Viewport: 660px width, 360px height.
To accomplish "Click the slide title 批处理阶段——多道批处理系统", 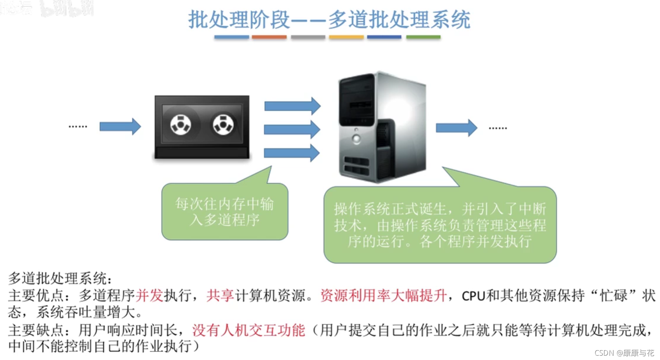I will click(329, 19).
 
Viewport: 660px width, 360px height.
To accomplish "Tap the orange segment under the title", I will click(269, 37).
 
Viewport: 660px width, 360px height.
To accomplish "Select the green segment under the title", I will click(423, 37).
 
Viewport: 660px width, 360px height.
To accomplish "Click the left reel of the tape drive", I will click(181, 124).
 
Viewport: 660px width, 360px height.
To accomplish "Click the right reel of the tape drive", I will click(223, 124).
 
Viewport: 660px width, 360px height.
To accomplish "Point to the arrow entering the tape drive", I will click(120, 126).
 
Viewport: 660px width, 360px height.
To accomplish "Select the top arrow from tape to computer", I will click(292, 106).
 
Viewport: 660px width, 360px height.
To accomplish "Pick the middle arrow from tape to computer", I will click(292, 129).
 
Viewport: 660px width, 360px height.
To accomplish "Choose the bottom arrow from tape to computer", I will click(292, 153).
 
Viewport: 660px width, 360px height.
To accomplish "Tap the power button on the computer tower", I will click(357, 139).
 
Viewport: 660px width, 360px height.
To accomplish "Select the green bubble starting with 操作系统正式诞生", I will click(440, 225).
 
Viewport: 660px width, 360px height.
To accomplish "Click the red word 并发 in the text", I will click(149, 295).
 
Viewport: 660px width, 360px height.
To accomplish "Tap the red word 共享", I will click(220, 295).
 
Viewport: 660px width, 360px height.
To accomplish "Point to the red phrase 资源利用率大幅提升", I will click(383, 295).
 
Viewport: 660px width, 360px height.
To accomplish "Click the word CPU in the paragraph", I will click(474, 296).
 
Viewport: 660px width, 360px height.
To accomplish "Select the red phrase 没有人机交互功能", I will click(249, 330).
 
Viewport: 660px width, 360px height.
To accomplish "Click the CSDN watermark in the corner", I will click(624, 353).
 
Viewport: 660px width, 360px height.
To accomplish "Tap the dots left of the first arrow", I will click(78, 126).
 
